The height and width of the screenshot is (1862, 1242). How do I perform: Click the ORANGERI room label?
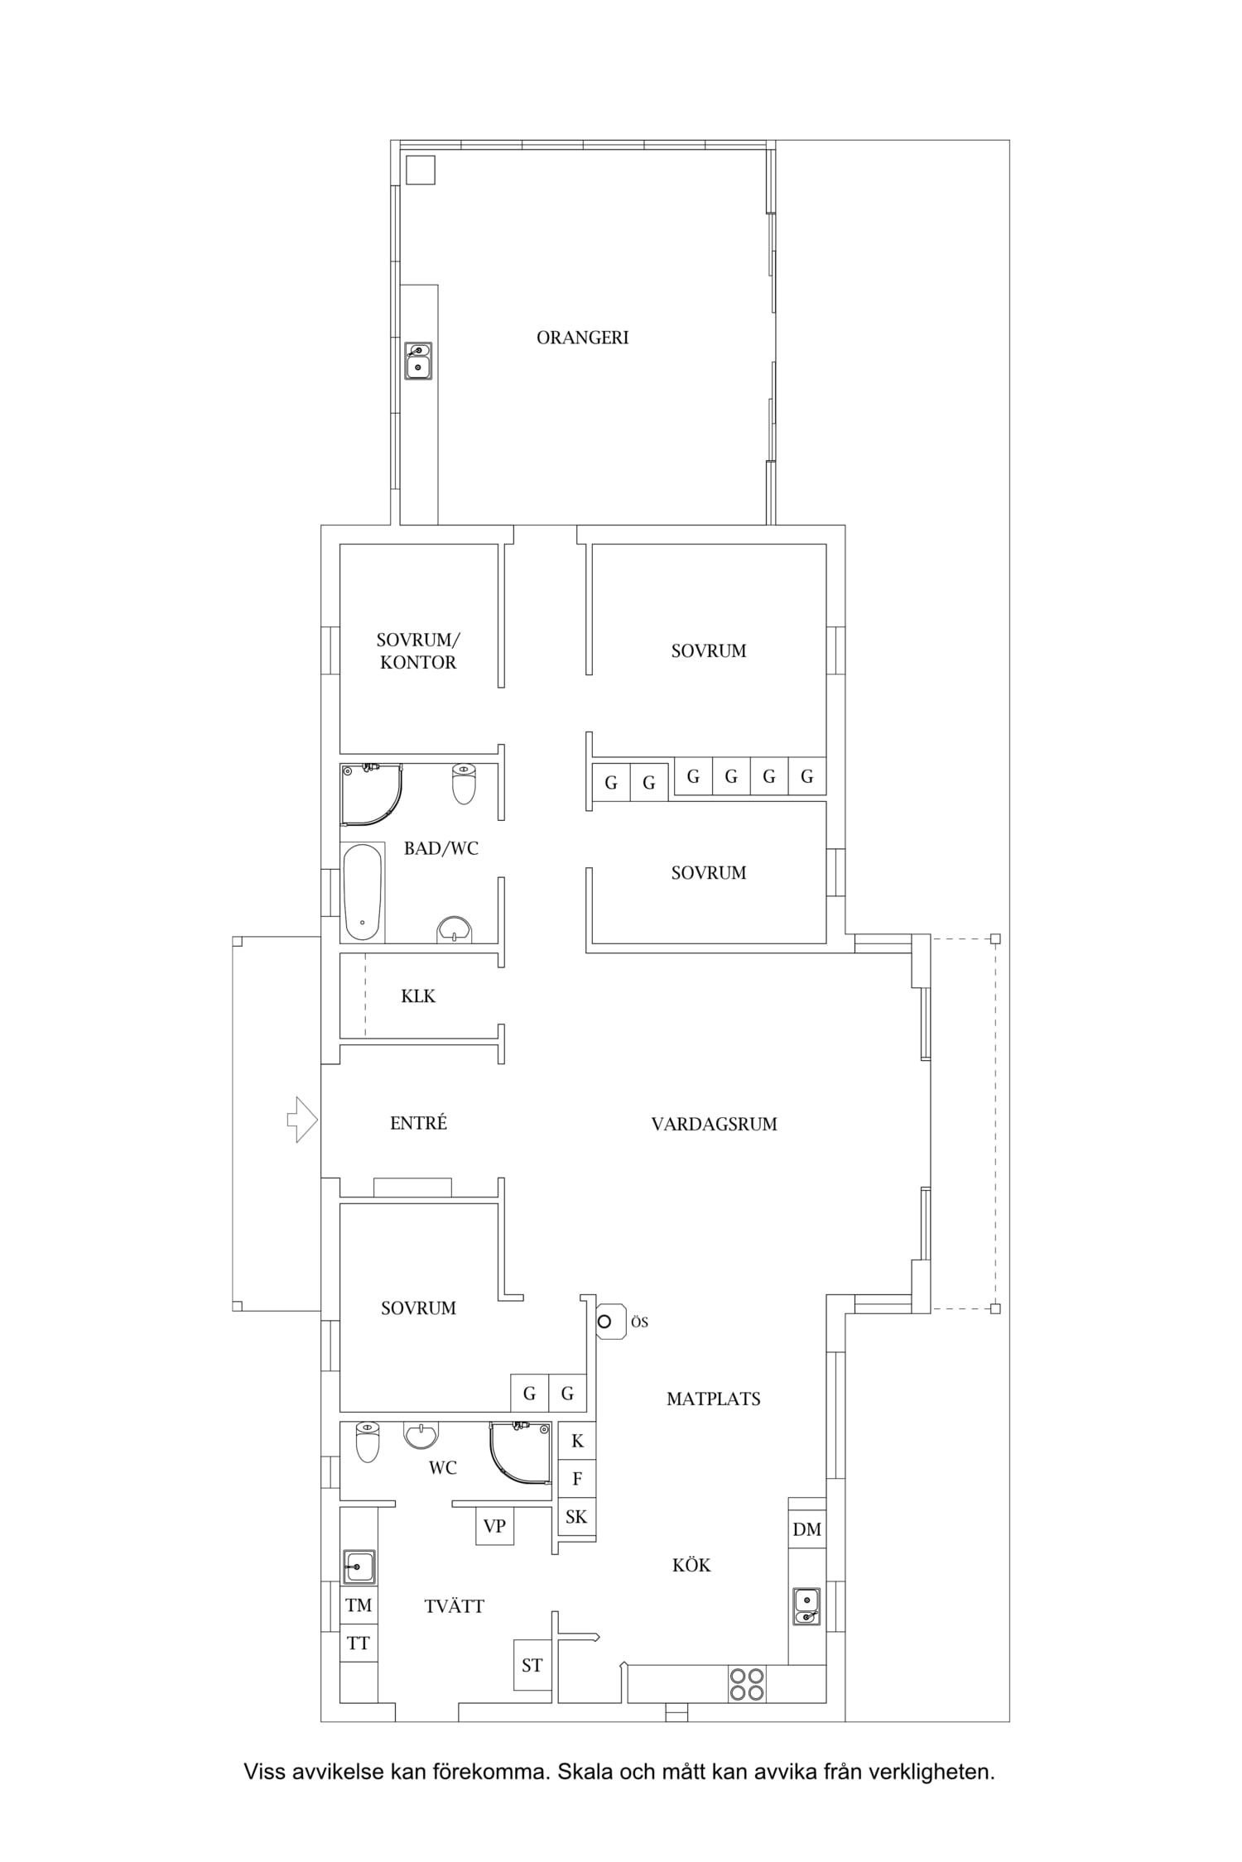(x=582, y=338)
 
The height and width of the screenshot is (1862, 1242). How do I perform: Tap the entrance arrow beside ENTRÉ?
(x=302, y=1120)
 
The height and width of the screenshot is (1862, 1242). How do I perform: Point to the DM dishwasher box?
(x=807, y=1529)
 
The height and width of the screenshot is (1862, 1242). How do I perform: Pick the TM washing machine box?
(x=359, y=1605)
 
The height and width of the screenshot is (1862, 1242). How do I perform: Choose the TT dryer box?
(x=359, y=1643)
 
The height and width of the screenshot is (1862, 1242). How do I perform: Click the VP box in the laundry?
(x=494, y=1526)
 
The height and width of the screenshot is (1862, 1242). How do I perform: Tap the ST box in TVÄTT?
(x=532, y=1665)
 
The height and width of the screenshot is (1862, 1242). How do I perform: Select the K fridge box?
(x=577, y=1441)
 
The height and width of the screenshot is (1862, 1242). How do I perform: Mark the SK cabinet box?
(x=577, y=1517)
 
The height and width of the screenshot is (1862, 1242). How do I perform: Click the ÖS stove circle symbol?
(x=604, y=1322)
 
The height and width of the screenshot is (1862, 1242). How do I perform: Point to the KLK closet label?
(x=418, y=996)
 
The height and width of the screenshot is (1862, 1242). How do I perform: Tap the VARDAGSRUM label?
(x=714, y=1124)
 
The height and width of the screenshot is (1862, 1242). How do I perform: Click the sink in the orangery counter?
(x=418, y=361)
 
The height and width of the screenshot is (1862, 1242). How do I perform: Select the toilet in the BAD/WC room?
(x=465, y=784)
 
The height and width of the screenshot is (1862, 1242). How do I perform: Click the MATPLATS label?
(x=714, y=1399)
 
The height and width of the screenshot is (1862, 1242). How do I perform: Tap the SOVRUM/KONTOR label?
(x=418, y=651)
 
